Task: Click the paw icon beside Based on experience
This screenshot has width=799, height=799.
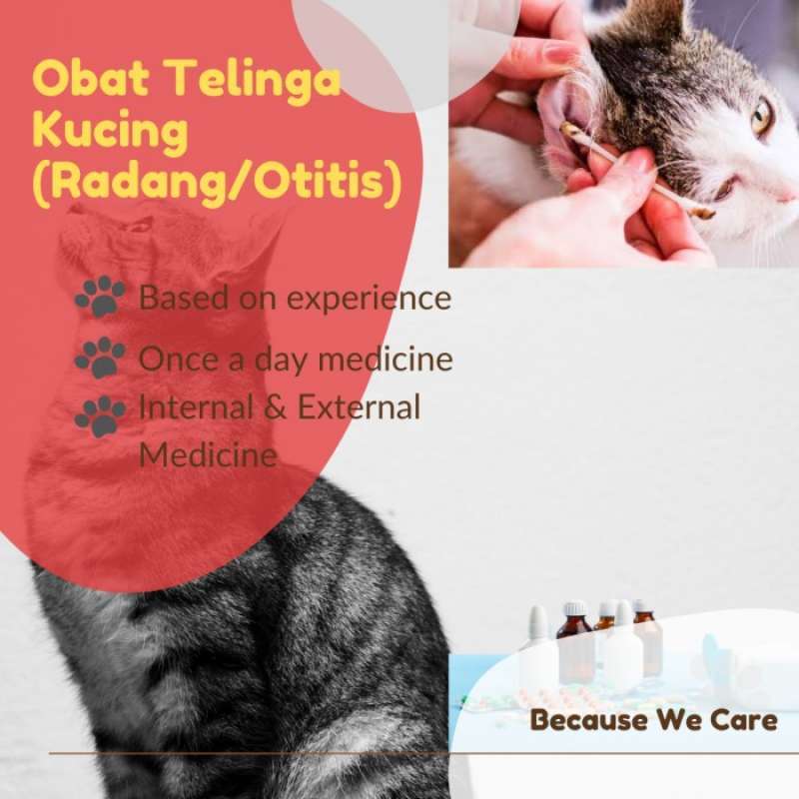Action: click(101, 297)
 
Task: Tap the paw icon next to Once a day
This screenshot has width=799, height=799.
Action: click(101, 357)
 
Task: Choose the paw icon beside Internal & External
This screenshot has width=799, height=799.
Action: click(101, 415)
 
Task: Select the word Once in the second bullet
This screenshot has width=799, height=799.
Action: click(177, 358)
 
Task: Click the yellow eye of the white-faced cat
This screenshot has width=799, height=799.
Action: click(762, 117)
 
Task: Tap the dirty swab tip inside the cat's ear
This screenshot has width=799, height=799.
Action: click(570, 130)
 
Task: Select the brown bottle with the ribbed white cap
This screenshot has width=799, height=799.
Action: click(575, 639)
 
